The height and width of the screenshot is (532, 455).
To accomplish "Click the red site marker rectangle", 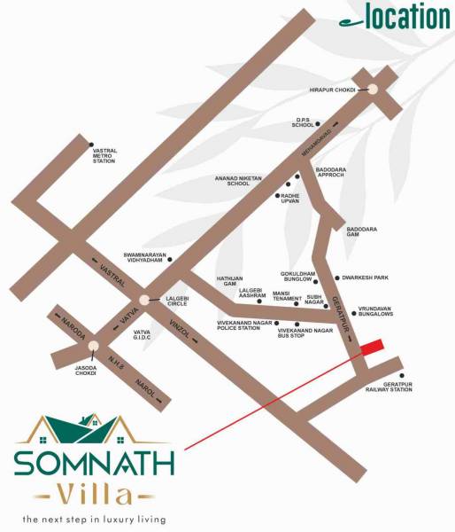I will (372, 347).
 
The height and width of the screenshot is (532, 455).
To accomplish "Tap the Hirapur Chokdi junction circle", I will (373, 89).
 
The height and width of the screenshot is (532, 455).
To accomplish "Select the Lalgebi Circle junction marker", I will (144, 301).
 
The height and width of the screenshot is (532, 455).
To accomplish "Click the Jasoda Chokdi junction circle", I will (93, 347).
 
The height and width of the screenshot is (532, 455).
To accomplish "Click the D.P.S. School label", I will (305, 123).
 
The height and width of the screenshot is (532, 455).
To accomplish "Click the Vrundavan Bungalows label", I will (375, 311).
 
